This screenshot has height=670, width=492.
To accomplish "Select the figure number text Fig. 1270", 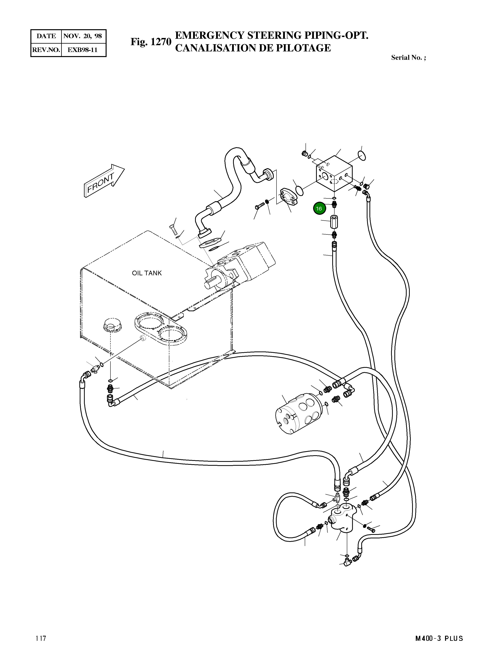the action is [151, 42].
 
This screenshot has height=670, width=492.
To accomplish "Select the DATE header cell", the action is [46, 36].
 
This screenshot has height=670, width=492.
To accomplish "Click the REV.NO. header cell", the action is [46, 50].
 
